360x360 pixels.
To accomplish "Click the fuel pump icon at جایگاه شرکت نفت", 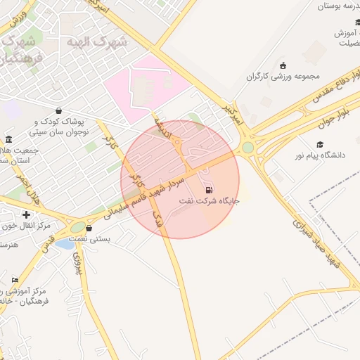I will click(x=208, y=191).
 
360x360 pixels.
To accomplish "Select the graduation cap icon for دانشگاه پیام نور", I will click(x=320, y=144).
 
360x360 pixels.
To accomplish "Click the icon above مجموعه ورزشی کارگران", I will click(x=283, y=65).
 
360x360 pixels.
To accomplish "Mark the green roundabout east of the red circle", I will click(x=247, y=148).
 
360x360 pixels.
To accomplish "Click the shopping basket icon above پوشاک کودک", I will click(x=58, y=110).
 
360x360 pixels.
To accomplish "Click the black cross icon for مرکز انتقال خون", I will click(x=26, y=214).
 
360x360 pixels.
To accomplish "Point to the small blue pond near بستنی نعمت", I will click(x=64, y=244).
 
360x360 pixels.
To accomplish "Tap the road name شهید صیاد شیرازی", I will click(x=316, y=243).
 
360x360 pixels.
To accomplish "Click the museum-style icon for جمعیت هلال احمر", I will click(x=8, y=139).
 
